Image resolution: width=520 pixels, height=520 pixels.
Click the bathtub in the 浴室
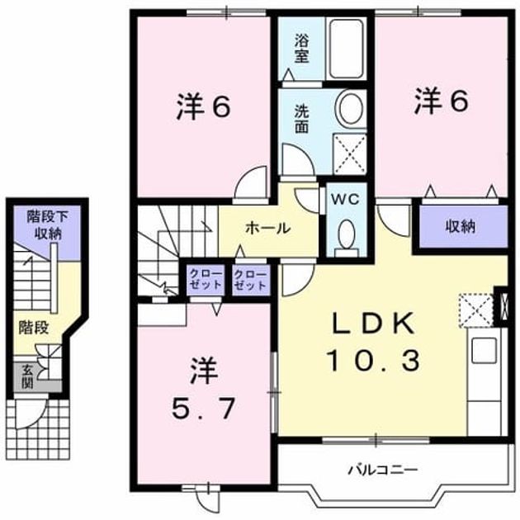(346, 49)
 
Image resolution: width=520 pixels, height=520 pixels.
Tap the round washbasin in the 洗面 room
(351, 108)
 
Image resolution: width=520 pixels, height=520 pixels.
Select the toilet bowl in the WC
(347, 234)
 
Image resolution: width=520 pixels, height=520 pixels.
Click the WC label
(346, 199)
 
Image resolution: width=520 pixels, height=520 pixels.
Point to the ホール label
(268, 228)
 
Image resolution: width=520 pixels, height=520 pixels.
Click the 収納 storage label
(461, 226)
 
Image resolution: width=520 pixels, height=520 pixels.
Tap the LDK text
(374, 323)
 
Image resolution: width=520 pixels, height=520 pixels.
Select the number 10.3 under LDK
(374, 361)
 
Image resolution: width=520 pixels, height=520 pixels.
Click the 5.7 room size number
(203, 409)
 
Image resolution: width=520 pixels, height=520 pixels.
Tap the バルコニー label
(383, 470)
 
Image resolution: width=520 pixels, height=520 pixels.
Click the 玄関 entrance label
(27, 376)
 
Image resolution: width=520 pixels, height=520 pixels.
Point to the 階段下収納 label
(48, 225)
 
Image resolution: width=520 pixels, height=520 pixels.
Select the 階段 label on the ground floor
(34, 328)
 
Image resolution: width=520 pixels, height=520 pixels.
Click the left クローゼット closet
(206, 281)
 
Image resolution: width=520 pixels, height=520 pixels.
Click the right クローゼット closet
(250, 281)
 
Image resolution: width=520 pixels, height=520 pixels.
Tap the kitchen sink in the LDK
(484, 350)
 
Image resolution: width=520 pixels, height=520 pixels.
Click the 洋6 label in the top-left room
(203, 107)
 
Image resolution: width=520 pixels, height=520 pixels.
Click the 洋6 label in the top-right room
(442, 101)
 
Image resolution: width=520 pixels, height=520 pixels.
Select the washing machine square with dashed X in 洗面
(350, 154)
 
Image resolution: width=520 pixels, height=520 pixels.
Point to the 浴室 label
(301, 50)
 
